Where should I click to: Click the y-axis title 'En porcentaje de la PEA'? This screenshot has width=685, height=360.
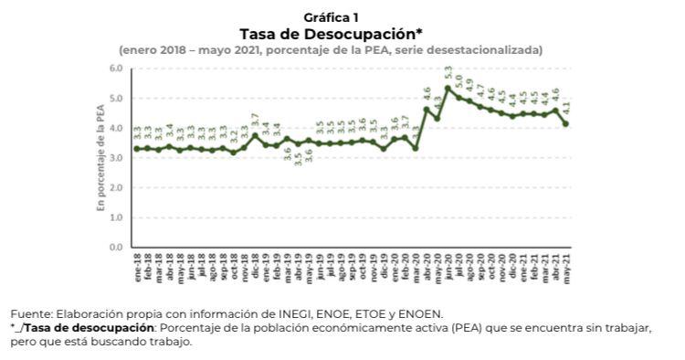101,157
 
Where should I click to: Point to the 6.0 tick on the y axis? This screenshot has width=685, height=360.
116,69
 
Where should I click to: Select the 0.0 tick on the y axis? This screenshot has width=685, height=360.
116,247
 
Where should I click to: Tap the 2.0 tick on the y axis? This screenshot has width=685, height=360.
116,187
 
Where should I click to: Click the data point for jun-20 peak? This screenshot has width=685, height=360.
448,89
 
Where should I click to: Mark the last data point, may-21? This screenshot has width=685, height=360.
566,124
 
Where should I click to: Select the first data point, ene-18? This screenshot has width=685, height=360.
136,148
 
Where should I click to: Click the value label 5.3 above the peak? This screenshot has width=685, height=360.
448,74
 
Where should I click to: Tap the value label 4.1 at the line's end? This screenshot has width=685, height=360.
567,110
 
